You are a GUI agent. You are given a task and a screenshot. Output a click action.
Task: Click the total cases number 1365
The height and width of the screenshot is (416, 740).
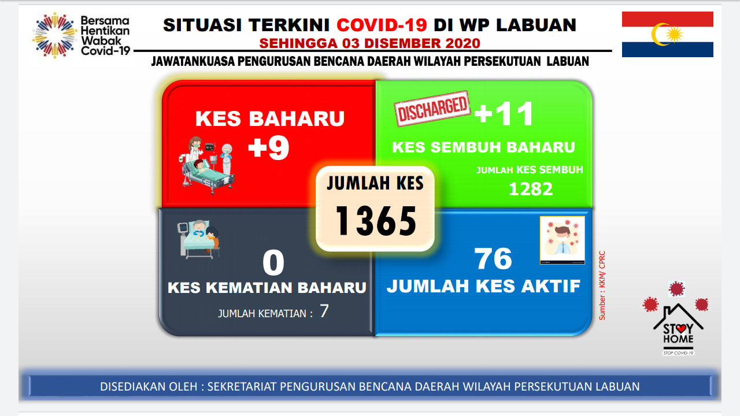click(376, 221)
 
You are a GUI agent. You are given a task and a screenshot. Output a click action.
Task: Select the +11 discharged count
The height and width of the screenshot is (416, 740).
click(504, 114)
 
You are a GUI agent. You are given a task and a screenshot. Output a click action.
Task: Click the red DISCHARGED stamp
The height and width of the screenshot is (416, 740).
click(432, 109)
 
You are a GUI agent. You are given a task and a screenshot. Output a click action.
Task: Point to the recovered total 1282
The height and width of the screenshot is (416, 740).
click(531, 189)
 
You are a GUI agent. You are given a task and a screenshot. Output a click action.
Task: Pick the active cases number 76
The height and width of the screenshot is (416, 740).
click(493, 258)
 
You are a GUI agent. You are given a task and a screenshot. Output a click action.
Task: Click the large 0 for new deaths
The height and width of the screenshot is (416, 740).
click(273, 263)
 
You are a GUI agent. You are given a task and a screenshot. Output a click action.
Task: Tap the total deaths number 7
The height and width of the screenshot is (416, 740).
click(324, 311)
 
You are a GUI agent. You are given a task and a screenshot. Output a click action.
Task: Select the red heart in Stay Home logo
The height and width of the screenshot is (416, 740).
click(680, 329)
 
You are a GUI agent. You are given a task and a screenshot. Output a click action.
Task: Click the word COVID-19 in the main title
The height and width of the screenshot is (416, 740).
click(382, 25)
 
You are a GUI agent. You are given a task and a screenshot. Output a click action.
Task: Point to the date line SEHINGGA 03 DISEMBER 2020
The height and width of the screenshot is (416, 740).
click(369, 43)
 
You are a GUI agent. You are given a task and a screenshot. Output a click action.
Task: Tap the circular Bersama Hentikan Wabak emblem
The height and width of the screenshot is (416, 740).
click(54, 35)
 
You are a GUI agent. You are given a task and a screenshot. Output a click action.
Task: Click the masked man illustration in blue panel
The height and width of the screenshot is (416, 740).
click(563, 240)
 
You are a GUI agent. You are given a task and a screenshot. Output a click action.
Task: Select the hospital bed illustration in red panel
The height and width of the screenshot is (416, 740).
click(207, 165)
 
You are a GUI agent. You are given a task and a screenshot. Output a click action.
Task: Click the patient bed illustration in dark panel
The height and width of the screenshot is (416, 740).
click(198, 239)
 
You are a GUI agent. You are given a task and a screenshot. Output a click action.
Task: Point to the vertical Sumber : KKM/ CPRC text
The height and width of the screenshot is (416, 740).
click(602, 285)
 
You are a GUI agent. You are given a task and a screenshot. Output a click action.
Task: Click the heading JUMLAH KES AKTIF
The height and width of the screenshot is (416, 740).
click(484, 286)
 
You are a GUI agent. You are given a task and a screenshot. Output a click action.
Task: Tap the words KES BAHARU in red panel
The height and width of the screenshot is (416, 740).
click(270, 118)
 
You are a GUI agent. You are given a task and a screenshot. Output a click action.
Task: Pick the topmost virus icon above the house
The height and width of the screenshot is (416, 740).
click(676, 289)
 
